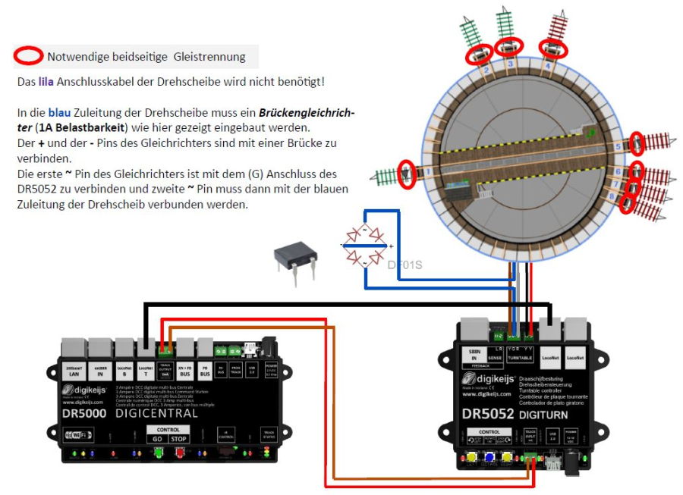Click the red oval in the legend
(x=30, y=56)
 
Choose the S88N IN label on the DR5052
(x=473, y=354)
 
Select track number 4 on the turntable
(x=548, y=65)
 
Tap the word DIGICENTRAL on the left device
(x=157, y=413)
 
